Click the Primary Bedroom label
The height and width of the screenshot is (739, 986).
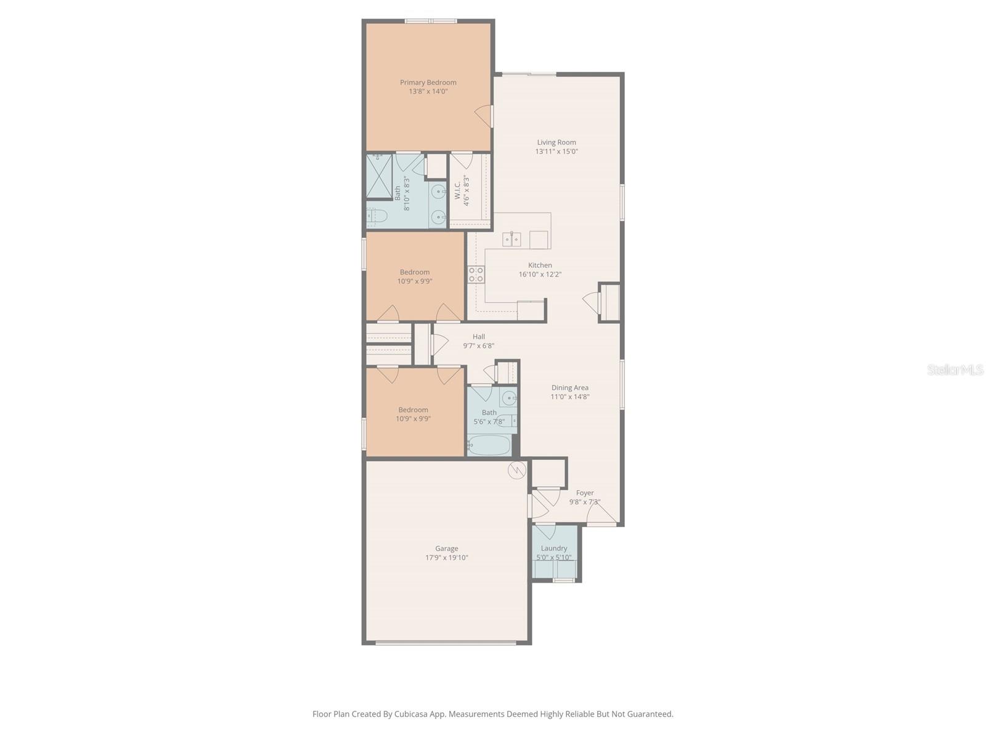click(x=428, y=83)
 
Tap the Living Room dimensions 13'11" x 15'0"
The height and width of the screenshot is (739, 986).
click(x=556, y=151)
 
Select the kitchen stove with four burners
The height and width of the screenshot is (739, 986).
click(x=476, y=275)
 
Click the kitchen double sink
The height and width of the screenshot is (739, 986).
click(x=511, y=239)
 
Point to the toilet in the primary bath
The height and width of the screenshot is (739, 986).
click(x=375, y=216)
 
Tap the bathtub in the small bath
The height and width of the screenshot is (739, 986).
click(x=489, y=445)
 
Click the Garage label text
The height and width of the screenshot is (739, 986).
click(x=446, y=549)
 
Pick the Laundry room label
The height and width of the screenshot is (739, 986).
click(x=553, y=548)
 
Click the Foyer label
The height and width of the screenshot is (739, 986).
click(x=584, y=493)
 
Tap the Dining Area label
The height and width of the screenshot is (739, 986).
click(x=569, y=387)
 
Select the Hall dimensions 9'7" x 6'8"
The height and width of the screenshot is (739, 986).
click(x=478, y=346)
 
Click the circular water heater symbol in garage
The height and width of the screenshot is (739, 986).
click(x=516, y=470)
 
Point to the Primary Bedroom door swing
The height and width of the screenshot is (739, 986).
click(x=484, y=116)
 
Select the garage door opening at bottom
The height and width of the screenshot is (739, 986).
click(x=446, y=643)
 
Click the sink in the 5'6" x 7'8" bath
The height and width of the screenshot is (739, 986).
click(x=508, y=398)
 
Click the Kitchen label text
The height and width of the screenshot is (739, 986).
click(x=540, y=265)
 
